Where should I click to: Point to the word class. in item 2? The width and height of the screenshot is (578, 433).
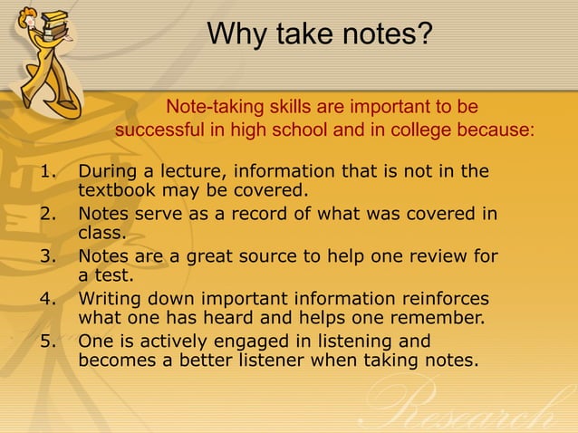(101, 233)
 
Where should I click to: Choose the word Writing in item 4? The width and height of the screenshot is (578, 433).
(111, 299)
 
